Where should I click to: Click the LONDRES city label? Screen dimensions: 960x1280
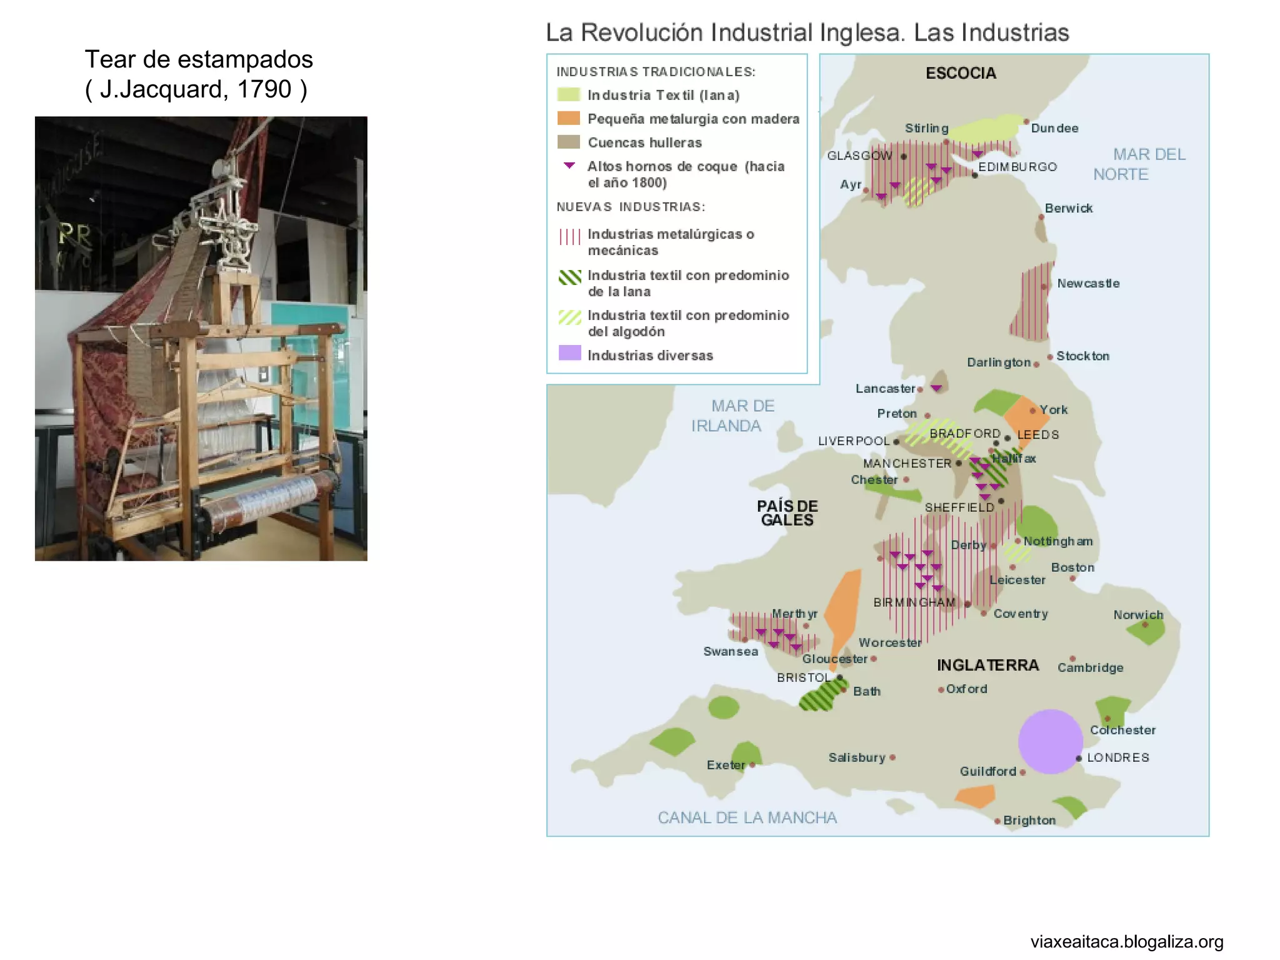pyautogui.click(x=1117, y=757)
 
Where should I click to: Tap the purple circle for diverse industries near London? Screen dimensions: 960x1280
pyautogui.click(x=1050, y=741)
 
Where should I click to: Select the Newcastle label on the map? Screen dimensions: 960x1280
pyautogui.click(x=1088, y=283)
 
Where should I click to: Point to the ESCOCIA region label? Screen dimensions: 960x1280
pyautogui.click(x=961, y=73)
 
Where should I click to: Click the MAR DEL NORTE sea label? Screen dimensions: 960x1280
pyautogui.click(x=1140, y=164)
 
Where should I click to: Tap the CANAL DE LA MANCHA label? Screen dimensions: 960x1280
pyautogui.click(x=747, y=817)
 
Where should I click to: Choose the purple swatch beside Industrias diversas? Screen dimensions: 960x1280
pyautogui.click(x=569, y=353)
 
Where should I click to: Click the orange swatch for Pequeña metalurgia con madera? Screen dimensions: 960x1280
pyautogui.click(x=569, y=118)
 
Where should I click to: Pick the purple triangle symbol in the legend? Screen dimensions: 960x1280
pyautogui.click(x=569, y=166)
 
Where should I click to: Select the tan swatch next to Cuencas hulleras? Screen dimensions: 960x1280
pyautogui.click(x=569, y=142)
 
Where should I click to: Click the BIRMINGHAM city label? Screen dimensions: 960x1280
pyautogui.click(x=914, y=602)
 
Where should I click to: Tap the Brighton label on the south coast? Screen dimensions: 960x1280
pyautogui.click(x=1029, y=820)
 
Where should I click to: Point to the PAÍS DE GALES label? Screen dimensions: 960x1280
pyautogui.click(x=787, y=513)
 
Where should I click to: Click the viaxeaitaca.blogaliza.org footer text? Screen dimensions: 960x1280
pyautogui.click(x=1126, y=941)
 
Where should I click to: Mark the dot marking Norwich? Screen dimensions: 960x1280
pyautogui.click(x=1145, y=624)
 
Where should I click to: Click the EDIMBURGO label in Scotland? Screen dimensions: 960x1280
pyautogui.click(x=1017, y=167)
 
